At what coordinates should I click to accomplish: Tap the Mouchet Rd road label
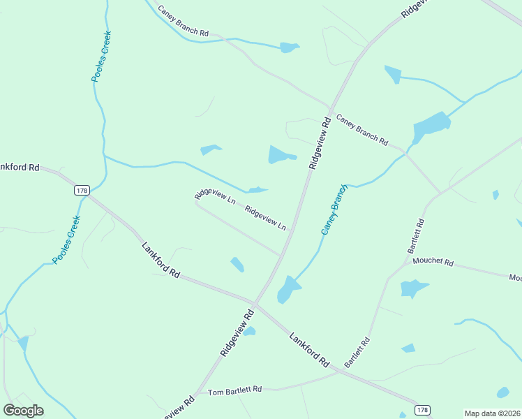[433, 263]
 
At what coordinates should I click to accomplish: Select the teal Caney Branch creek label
[334, 209]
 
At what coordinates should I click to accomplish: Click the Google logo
[23, 411]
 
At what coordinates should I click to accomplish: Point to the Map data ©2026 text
[493, 413]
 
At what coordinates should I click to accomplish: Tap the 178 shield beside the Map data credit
[422, 410]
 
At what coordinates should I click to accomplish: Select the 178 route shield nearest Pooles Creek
[82, 190]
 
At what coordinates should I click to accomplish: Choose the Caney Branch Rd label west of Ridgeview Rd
[184, 22]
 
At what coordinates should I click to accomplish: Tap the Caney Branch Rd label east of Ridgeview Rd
[361, 129]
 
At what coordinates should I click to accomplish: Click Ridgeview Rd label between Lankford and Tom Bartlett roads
[235, 331]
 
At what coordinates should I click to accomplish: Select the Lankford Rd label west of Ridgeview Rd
[161, 260]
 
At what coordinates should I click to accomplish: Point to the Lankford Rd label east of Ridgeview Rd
[309, 350]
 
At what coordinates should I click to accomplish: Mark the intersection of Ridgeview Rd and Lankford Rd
[255, 304]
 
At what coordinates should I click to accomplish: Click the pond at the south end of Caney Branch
[287, 288]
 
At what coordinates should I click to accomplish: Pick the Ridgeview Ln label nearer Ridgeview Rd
[265, 218]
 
